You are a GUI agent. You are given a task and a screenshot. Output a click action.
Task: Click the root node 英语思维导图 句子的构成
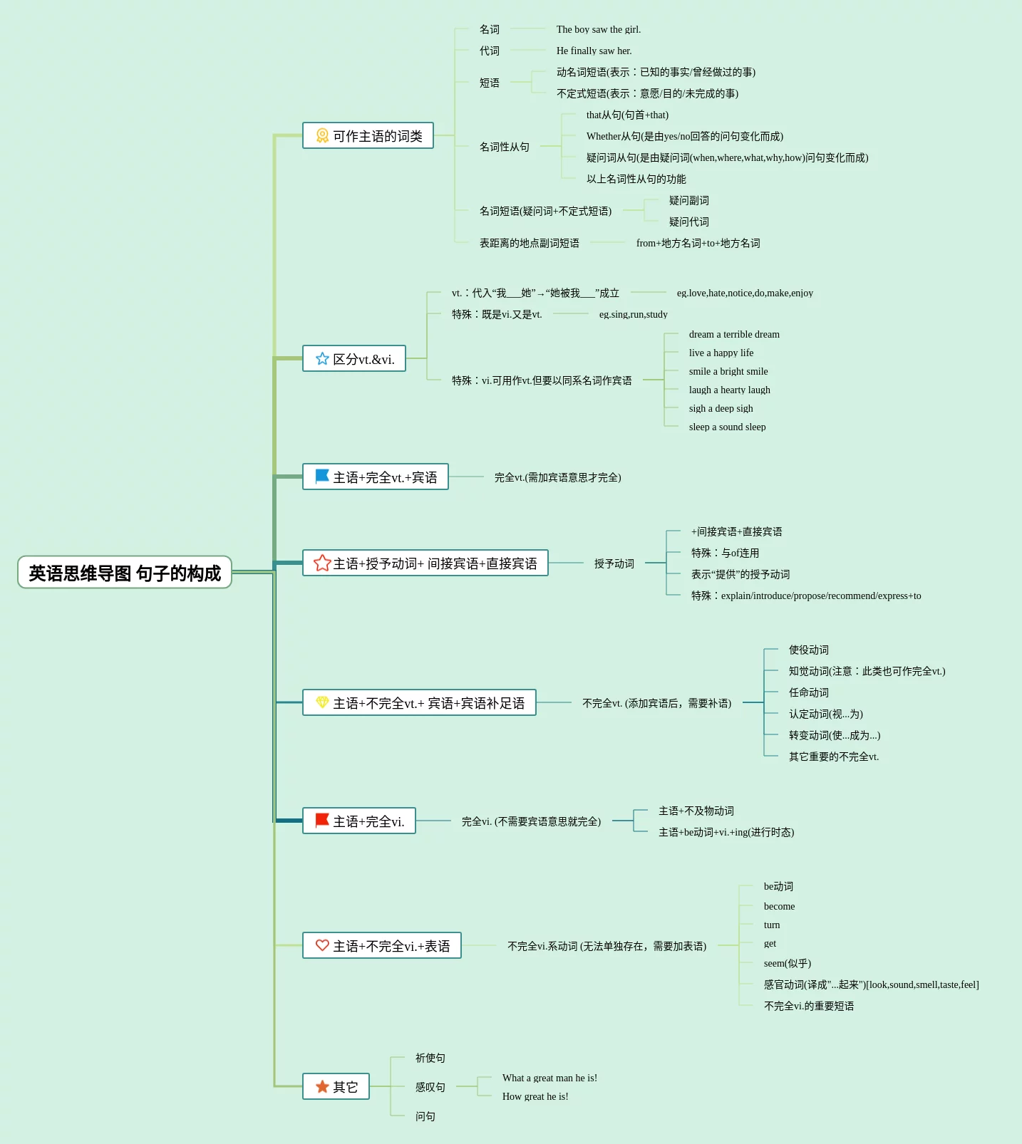(x=125, y=572)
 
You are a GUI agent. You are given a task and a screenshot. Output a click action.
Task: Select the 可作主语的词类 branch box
(x=368, y=135)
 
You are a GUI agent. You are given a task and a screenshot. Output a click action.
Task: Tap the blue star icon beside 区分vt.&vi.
(x=322, y=358)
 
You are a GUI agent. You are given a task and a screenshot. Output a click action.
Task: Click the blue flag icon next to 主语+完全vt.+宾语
(x=322, y=476)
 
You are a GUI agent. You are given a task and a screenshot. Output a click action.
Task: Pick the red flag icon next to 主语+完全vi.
(x=322, y=820)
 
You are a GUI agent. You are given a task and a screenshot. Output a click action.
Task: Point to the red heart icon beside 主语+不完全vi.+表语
(x=322, y=945)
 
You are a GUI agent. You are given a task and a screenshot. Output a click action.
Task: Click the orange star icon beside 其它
(x=322, y=1086)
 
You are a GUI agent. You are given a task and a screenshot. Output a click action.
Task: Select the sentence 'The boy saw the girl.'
(x=599, y=29)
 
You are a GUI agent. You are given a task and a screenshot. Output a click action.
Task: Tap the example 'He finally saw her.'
(x=594, y=51)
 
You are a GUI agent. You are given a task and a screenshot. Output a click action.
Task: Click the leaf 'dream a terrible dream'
(x=734, y=334)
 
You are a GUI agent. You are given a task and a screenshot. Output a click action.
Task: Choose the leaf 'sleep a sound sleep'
(x=728, y=427)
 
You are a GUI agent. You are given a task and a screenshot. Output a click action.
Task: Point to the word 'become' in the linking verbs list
(x=779, y=906)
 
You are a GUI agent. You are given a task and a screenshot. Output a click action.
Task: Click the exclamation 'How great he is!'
(x=535, y=1096)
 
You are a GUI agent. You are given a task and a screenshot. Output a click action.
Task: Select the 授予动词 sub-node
(x=614, y=563)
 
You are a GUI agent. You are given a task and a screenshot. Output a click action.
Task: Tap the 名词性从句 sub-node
(x=505, y=147)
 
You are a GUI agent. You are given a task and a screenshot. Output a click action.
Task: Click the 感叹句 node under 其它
(x=430, y=1087)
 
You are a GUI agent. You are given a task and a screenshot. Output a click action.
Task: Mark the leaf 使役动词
(x=809, y=650)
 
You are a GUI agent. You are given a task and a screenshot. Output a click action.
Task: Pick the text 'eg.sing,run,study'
(x=634, y=314)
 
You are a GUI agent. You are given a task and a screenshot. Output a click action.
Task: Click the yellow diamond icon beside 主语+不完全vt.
(x=322, y=702)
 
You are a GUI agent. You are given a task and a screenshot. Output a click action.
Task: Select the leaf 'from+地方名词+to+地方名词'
(x=698, y=243)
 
